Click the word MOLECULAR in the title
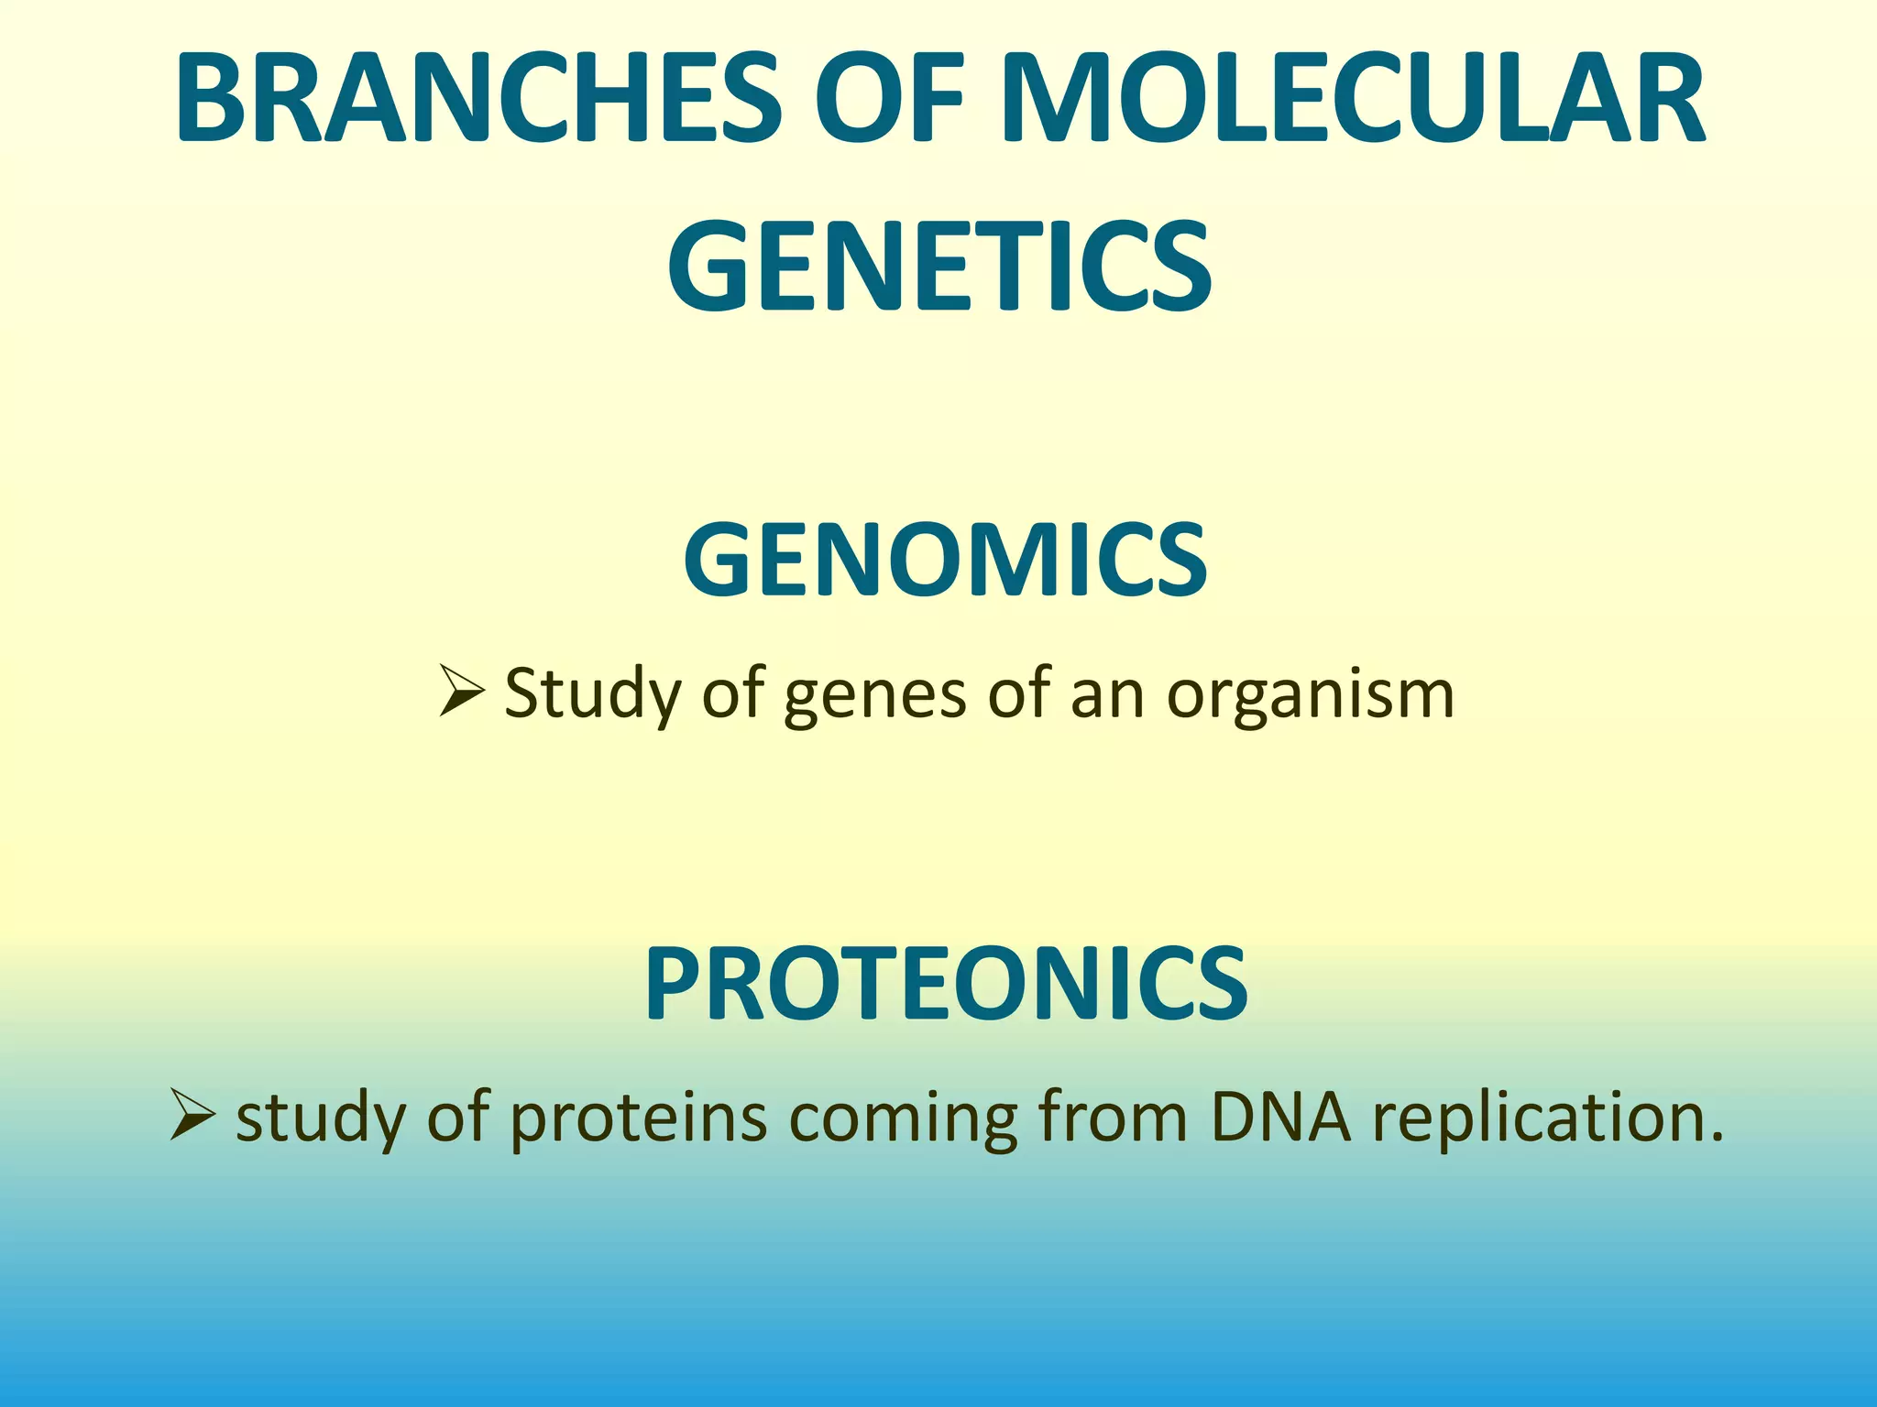tap(1354, 99)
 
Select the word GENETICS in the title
tap(939, 266)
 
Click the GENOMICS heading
tap(945, 560)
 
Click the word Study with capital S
tap(592, 694)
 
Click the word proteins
tap(638, 1119)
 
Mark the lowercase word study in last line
tap(320, 1119)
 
